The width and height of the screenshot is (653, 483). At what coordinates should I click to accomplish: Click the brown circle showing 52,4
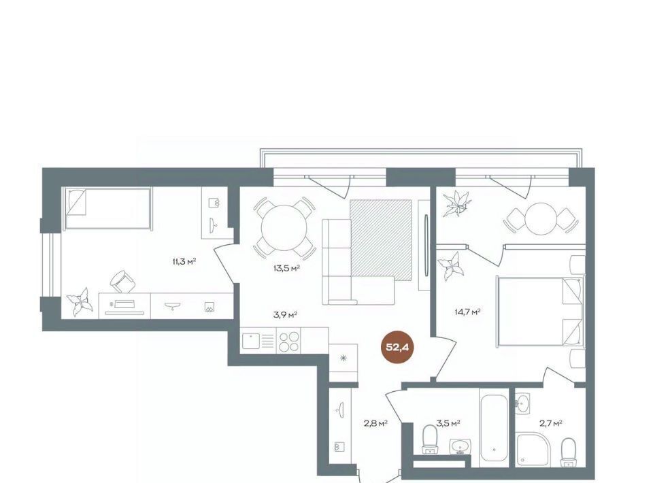click(397, 347)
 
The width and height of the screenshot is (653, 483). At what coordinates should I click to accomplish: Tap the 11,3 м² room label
click(184, 261)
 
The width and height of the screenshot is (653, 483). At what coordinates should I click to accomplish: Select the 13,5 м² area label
click(286, 268)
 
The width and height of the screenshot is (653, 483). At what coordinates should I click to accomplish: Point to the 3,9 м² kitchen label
click(285, 314)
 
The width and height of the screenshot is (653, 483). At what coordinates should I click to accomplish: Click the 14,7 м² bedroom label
click(468, 312)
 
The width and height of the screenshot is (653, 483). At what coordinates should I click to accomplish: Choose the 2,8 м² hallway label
click(376, 423)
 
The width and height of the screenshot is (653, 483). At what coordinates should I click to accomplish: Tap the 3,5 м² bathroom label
click(448, 423)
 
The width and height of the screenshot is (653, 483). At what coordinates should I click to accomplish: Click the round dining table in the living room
click(284, 227)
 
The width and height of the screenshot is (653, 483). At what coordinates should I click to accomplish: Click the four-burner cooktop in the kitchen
click(288, 342)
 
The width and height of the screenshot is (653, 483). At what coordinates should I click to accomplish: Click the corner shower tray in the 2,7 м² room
click(535, 450)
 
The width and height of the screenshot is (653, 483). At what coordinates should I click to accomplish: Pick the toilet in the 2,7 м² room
click(568, 452)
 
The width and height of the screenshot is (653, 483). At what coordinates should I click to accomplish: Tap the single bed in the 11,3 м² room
click(107, 208)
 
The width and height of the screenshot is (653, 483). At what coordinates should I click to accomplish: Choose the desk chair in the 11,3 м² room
click(123, 282)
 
